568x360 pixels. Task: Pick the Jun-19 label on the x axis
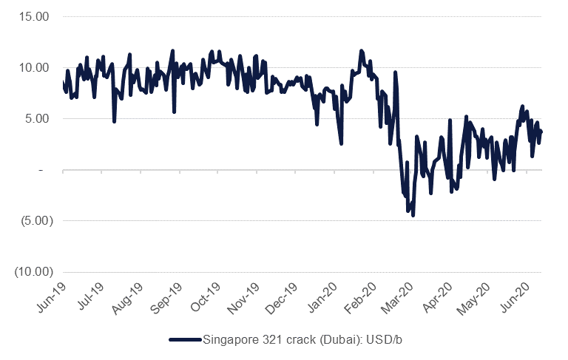pyautogui.click(x=51, y=297)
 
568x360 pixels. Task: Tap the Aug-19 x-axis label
pyautogui.click(x=129, y=297)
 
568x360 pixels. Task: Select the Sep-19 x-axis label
pyautogui.click(x=169, y=297)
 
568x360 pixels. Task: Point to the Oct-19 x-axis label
pyautogui.click(x=208, y=297)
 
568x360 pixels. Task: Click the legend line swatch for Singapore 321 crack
pyautogui.click(x=185, y=339)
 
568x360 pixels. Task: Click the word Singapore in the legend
pyautogui.click(x=228, y=339)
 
